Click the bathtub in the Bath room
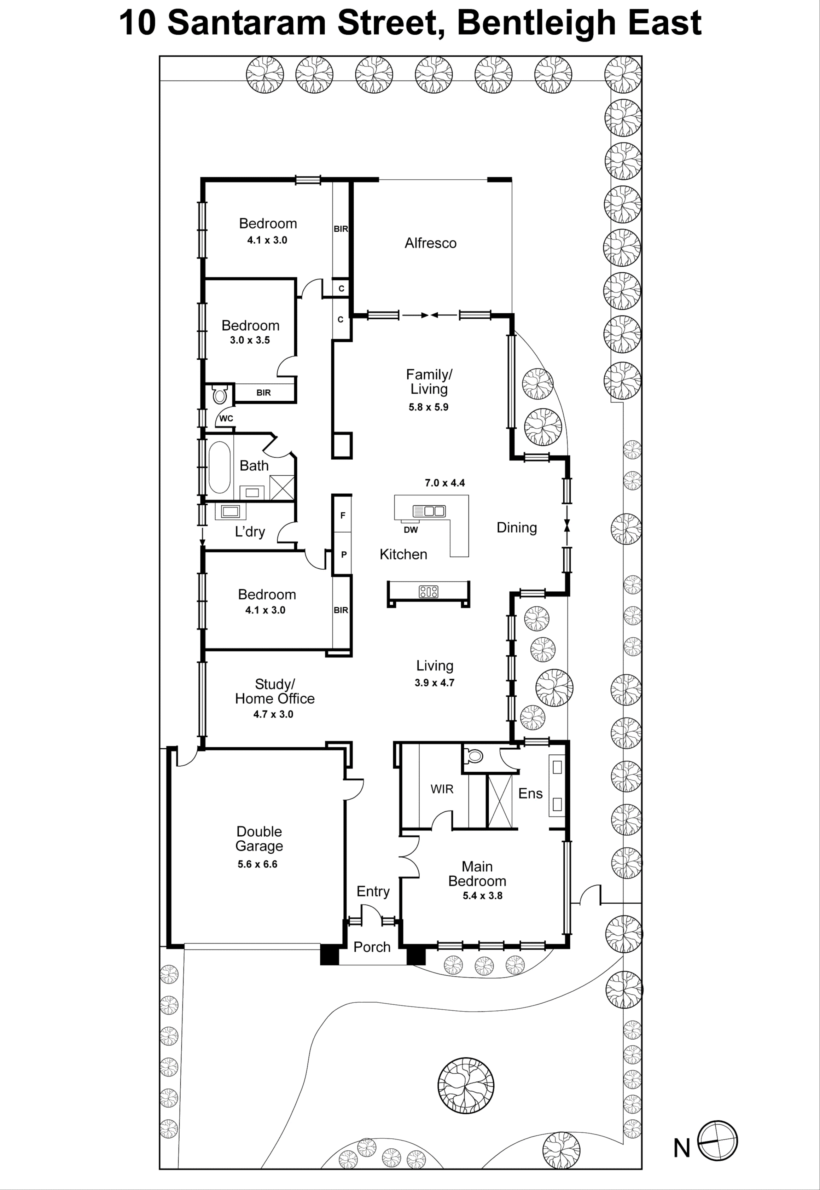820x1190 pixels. coord(219,467)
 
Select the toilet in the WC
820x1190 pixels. coord(220,395)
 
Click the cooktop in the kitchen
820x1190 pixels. coord(429,591)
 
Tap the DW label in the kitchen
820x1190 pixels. coord(411,530)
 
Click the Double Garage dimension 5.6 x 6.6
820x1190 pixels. coord(257,864)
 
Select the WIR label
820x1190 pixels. coord(442,789)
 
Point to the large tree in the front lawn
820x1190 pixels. coord(466,1085)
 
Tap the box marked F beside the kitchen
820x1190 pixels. coord(343,515)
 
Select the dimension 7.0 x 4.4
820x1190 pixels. coord(444,482)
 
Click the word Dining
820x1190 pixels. coord(516,528)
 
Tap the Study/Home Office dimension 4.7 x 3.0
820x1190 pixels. coord(273,714)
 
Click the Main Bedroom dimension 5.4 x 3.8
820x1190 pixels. coord(482,895)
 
